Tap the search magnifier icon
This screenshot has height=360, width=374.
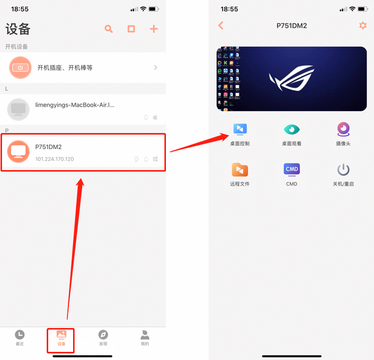(109, 29)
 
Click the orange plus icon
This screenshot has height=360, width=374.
(154, 29)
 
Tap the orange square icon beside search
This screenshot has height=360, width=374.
(131, 29)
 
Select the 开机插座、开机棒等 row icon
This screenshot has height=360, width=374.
(20, 68)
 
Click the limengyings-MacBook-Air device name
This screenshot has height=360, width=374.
(75, 105)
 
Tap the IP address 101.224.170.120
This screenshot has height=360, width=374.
(54, 159)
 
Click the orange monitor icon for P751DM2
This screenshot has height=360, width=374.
(19, 151)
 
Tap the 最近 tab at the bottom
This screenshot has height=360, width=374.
(19, 338)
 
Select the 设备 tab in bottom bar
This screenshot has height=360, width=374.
(61, 338)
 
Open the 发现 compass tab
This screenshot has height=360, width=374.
(103, 338)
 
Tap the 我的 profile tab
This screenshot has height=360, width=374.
(145, 338)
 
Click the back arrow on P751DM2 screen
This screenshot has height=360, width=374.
(221, 25)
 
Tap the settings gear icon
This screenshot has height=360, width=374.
(363, 25)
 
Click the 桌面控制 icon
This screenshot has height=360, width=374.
(240, 129)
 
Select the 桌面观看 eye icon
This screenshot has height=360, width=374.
(292, 129)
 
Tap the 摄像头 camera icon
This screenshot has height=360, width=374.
(344, 129)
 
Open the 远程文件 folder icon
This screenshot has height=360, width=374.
(240, 170)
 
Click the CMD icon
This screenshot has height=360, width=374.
(292, 170)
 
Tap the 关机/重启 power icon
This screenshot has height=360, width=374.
(344, 170)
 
